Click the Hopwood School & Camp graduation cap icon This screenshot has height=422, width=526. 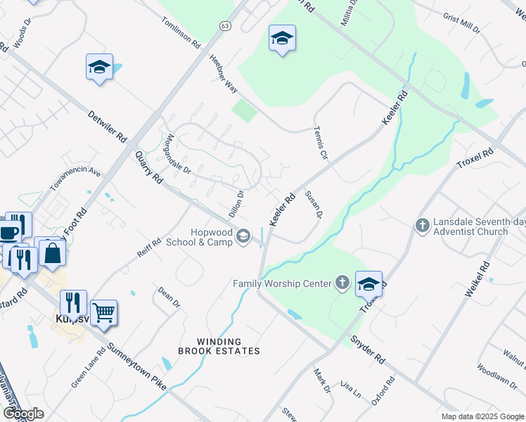(x=243, y=236)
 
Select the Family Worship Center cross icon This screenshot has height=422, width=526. (x=342, y=283)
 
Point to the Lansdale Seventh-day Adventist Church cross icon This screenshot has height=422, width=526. (x=422, y=226)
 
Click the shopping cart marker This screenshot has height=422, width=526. (x=104, y=312)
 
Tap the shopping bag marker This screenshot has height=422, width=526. (x=52, y=252)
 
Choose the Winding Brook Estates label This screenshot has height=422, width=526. (x=219, y=345)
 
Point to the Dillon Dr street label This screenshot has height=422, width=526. (x=236, y=203)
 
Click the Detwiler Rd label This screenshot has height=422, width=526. (x=108, y=124)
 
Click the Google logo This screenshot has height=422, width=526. (x=23, y=414)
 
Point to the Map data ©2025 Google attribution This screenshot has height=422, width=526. (x=482, y=416)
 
